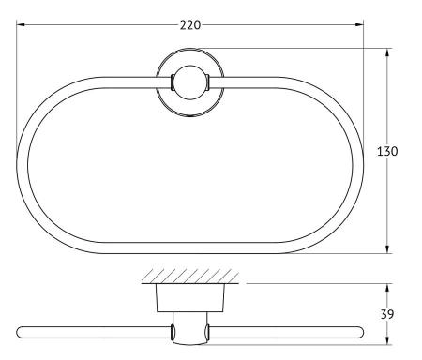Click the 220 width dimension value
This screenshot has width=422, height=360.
click(x=190, y=25)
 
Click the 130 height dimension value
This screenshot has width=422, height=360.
click(x=387, y=151)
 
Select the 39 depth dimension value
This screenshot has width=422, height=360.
click(x=387, y=314)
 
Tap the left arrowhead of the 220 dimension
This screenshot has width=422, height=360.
click(x=21, y=24)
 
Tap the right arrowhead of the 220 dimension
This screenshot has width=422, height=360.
click(x=359, y=24)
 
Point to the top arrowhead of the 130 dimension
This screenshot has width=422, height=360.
click(x=387, y=52)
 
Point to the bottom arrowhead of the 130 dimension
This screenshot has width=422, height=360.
click(x=387, y=249)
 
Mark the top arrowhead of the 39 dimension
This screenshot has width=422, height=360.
click(x=387, y=288)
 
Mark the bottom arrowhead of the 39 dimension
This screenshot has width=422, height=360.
click(x=387, y=340)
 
